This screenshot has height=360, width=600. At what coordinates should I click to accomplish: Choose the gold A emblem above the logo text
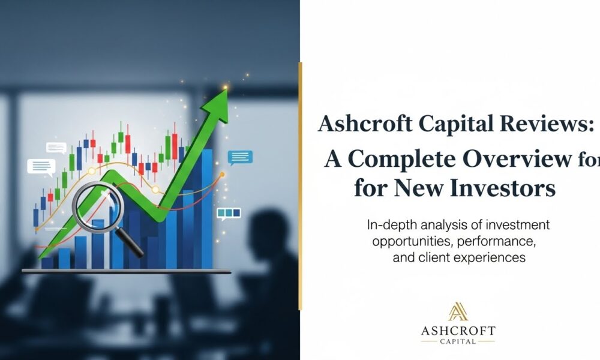point(458,311)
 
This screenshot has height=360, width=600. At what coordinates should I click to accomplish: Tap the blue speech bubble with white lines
point(241,157)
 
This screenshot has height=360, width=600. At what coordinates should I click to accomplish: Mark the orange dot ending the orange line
point(223,174)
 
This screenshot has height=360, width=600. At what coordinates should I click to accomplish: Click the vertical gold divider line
point(301,186)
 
